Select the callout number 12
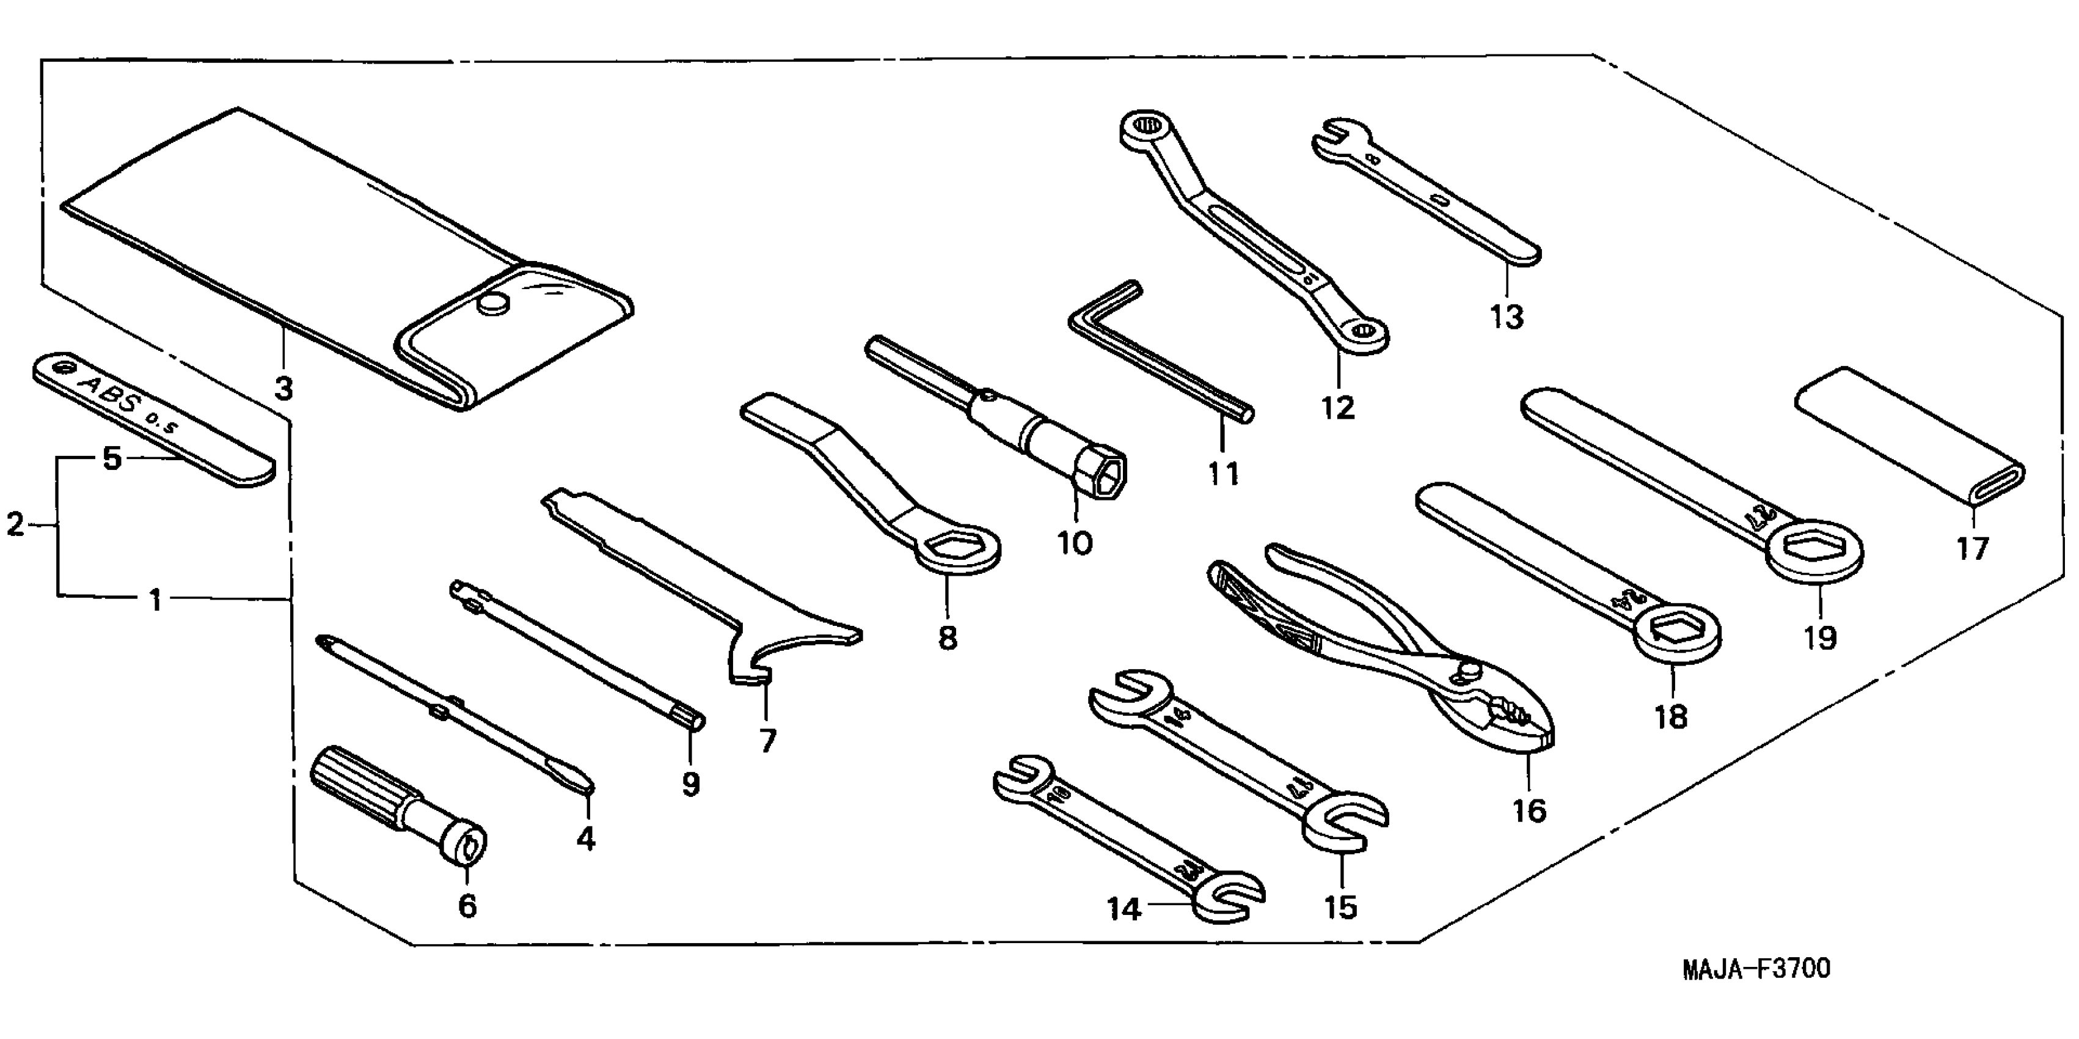tap(1337, 408)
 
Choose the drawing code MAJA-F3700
tap(1756, 968)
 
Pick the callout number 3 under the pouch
tap(283, 389)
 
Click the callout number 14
tap(1124, 910)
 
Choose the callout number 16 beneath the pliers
tap(1529, 810)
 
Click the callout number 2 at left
tap(15, 525)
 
